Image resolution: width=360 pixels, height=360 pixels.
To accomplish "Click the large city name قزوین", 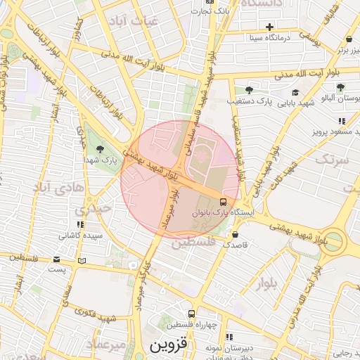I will click(x=169, y=346).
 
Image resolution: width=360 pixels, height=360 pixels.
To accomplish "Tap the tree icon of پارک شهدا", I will click(x=100, y=148).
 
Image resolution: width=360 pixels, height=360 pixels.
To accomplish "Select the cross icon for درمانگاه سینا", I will click(x=269, y=27).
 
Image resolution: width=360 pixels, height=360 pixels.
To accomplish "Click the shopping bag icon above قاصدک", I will click(x=235, y=235).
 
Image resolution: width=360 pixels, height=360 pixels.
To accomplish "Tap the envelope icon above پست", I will click(x=57, y=259).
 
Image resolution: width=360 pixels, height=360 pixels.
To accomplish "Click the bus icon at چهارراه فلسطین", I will click(x=191, y=314).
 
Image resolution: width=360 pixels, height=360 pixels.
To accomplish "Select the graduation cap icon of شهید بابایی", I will click(x=295, y=92).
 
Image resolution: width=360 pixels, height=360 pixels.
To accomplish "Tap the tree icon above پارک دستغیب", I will click(x=249, y=89).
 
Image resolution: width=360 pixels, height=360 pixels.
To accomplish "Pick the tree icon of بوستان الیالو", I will click(x=340, y=88).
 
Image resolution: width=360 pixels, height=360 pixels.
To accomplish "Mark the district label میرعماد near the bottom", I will click(x=105, y=344).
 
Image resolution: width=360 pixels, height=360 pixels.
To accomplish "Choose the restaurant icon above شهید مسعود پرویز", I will click(x=342, y=121).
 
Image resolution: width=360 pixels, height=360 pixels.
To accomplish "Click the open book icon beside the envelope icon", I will click(x=82, y=260).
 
